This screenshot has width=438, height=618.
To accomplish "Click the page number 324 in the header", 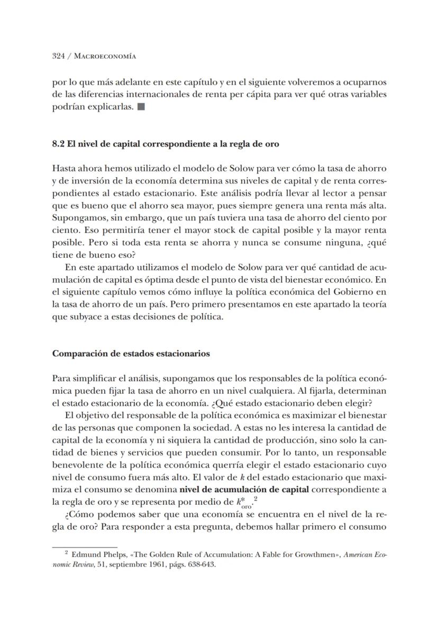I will tap(58, 56).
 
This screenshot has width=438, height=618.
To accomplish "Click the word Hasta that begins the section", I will tap(63, 168).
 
